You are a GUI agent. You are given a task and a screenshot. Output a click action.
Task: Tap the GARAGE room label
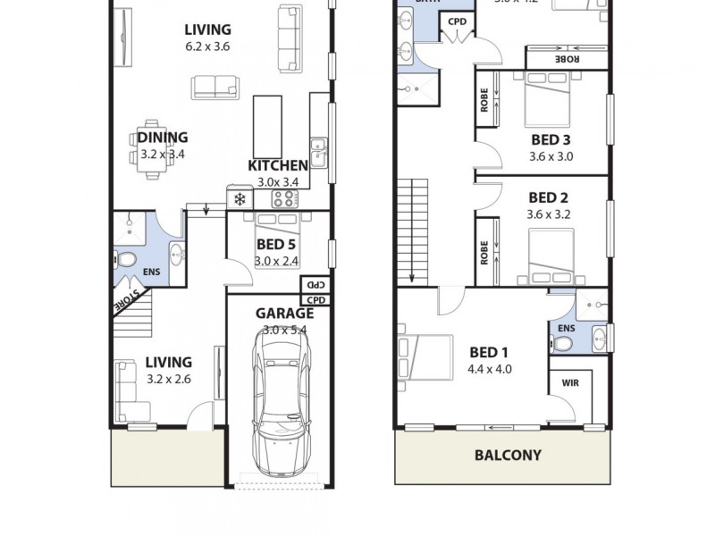[284, 314]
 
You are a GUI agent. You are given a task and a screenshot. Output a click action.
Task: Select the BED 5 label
[276, 246]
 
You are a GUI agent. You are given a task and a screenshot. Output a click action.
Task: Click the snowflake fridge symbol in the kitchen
[239, 199]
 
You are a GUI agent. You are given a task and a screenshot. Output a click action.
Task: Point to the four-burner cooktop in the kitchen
[284, 198]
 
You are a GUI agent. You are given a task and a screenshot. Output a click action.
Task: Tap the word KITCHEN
[278, 165]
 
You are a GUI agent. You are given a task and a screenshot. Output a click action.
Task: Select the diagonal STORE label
[126, 300]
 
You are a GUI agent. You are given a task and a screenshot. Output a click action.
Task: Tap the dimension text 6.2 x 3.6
[207, 47]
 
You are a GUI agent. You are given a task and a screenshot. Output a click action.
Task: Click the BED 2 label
[549, 197]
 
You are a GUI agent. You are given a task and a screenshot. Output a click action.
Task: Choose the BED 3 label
[551, 139]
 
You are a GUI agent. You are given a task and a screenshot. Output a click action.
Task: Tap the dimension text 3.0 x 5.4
[284, 330]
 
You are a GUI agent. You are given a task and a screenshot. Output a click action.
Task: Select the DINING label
[163, 138]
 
